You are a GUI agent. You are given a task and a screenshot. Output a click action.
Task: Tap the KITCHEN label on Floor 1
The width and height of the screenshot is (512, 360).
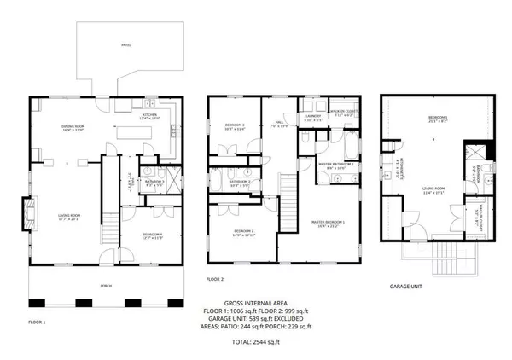click(x=149, y=113)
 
